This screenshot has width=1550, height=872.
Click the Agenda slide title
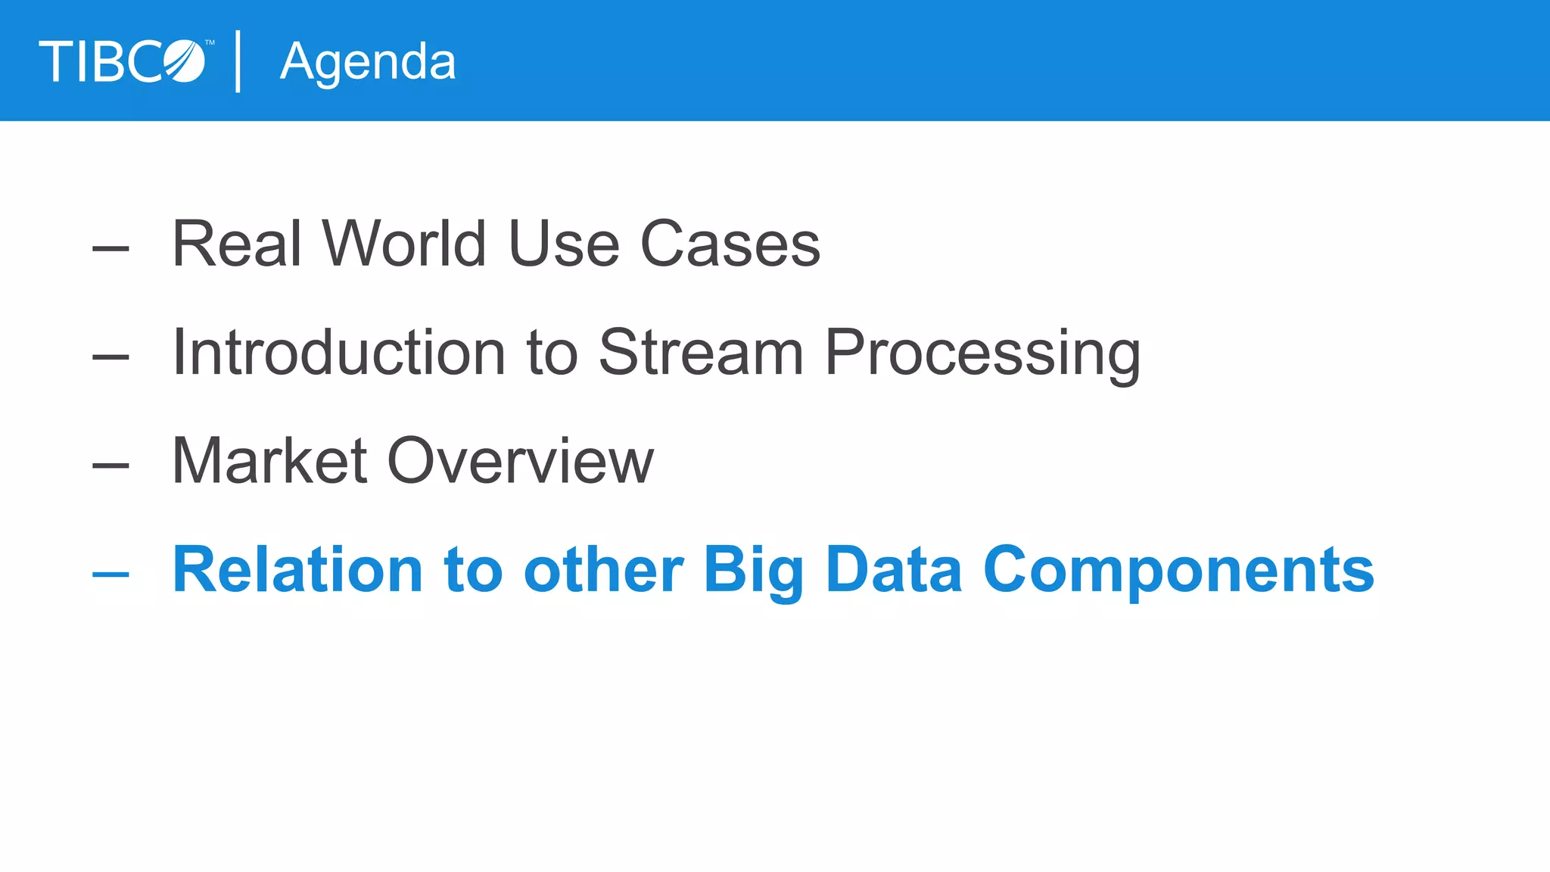click(368, 62)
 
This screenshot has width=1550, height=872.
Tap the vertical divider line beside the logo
click(238, 61)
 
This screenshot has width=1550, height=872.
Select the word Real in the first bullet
click(237, 244)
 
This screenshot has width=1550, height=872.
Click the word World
click(403, 244)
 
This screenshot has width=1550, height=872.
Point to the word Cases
click(730, 244)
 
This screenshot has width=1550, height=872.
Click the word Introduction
click(339, 353)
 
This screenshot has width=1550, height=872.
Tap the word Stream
click(701, 353)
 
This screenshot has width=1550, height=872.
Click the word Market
click(269, 461)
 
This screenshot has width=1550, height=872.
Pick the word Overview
click(521, 461)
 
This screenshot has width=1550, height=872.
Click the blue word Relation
click(297, 570)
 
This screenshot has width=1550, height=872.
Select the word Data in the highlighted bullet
click(894, 570)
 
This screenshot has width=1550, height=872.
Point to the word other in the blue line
click(603, 570)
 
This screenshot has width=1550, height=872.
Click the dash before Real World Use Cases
click(110, 248)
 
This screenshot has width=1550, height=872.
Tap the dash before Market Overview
click(110, 466)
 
